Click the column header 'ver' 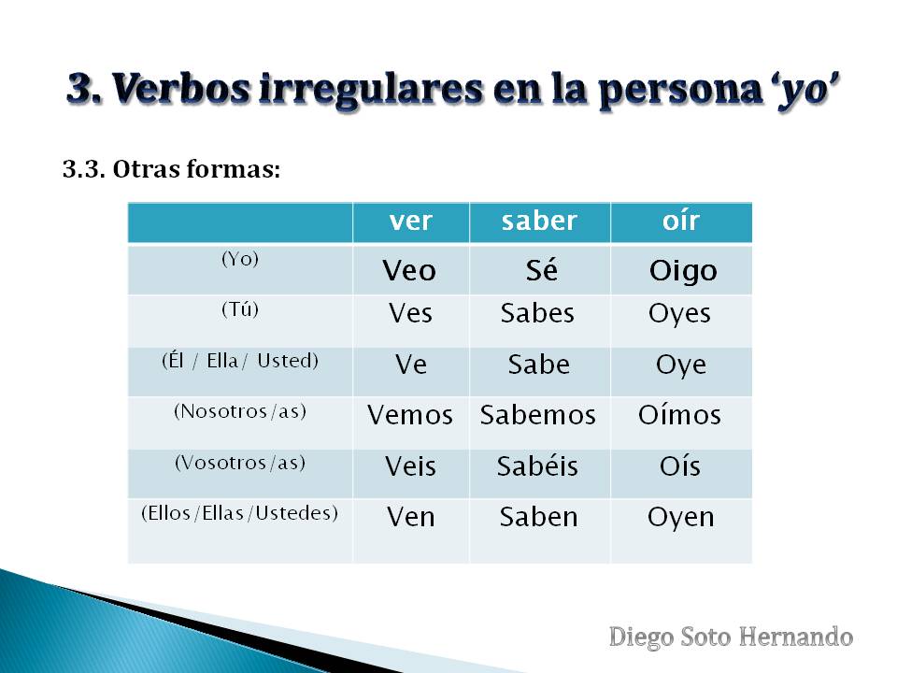411,221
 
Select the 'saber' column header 539,221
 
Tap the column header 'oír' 681,221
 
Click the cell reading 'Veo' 409,270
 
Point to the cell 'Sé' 542,269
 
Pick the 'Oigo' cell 683,271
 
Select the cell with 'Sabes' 538,313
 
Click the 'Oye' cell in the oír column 681,365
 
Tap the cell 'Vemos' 410,415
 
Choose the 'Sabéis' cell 537,465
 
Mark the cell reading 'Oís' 680,465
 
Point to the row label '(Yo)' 240,259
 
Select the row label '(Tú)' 240,309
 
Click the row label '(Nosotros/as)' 240,411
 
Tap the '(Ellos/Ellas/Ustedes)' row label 240,513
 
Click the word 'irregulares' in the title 371,90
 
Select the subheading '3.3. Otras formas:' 172,169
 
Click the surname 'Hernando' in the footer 796,637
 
